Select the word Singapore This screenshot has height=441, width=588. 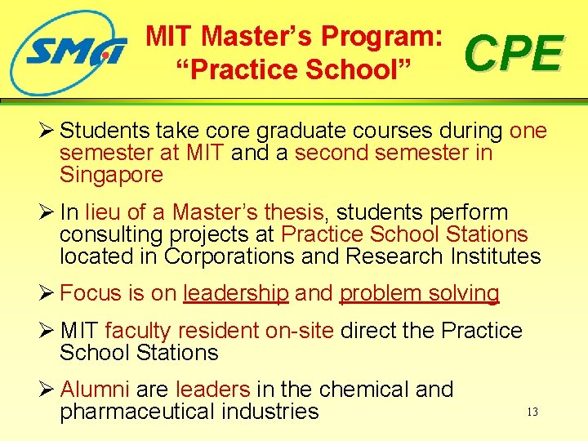click(111, 176)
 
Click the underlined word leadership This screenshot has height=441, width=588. click(236, 293)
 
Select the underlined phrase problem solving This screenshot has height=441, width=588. click(419, 293)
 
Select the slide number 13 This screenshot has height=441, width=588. click(532, 412)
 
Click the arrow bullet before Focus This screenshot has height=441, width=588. click(47, 293)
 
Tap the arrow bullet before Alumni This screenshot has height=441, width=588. click(47, 390)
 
